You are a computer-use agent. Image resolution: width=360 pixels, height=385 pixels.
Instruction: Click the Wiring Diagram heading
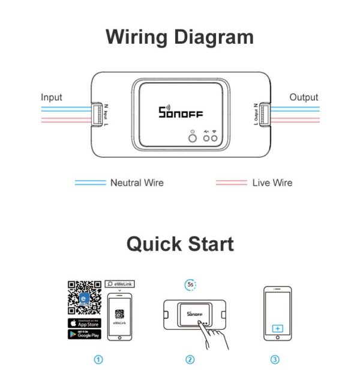[179, 37]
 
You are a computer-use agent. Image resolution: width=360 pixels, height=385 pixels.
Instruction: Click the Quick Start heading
[179, 244]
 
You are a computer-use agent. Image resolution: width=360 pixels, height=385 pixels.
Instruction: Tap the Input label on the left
[52, 97]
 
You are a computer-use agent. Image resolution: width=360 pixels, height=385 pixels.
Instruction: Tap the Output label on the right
[304, 97]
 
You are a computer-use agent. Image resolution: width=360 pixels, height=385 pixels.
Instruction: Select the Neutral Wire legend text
[137, 183]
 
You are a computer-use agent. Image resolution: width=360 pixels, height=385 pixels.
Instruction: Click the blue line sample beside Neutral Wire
[90, 183]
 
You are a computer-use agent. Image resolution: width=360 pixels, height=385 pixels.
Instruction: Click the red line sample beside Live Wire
[231, 183]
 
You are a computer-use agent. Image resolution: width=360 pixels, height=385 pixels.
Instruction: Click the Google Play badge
[85, 334]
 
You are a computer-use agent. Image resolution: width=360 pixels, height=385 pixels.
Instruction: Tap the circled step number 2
[190, 360]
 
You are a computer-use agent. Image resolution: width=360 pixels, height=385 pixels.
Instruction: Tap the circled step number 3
[275, 360]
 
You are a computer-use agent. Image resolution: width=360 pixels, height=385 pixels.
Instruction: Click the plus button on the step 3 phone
[277, 329]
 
